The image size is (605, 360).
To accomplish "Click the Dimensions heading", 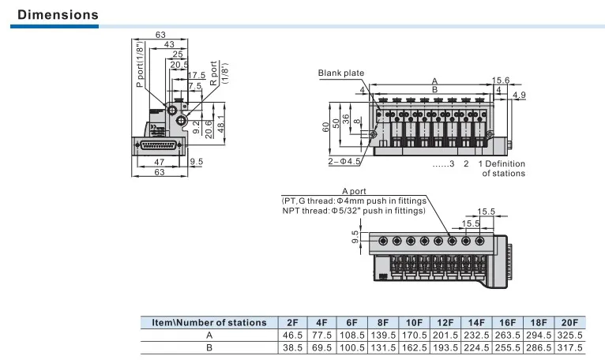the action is [x=58, y=15].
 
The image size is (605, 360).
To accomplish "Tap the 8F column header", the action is [x=383, y=323].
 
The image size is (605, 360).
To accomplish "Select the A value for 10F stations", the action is [x=415, y=336].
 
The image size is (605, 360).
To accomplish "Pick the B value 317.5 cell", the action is [x=570, y=348].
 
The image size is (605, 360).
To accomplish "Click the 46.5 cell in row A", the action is [x=292, y=336].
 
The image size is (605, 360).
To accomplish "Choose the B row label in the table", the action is [x=209, y=348].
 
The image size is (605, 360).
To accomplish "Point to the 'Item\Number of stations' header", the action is [x=209, y=323].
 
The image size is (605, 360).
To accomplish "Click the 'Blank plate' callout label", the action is [x=341, y=73].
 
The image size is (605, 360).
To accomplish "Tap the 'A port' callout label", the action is [x=354, y=191].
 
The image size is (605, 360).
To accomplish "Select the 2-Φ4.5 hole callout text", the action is [x=344, y=161].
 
